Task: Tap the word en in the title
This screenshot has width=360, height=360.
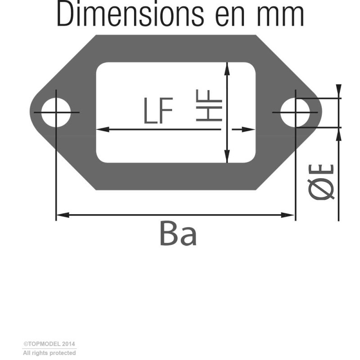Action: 230,17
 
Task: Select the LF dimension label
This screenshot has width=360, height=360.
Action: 158,110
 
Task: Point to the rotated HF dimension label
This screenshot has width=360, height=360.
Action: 209,105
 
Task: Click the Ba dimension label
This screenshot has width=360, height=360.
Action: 178,234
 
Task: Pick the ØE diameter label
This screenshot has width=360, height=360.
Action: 321,182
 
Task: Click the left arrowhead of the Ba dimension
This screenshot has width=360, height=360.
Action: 63,215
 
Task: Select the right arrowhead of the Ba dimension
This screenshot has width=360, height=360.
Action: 288,215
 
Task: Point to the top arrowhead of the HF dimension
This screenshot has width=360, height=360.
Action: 227,69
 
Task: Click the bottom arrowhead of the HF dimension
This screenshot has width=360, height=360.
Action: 227,156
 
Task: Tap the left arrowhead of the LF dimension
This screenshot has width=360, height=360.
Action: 103,130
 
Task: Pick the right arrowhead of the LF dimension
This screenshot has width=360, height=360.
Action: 248,130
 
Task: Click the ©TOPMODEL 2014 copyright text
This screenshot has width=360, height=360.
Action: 49,344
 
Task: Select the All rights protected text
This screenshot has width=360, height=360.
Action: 49,353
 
